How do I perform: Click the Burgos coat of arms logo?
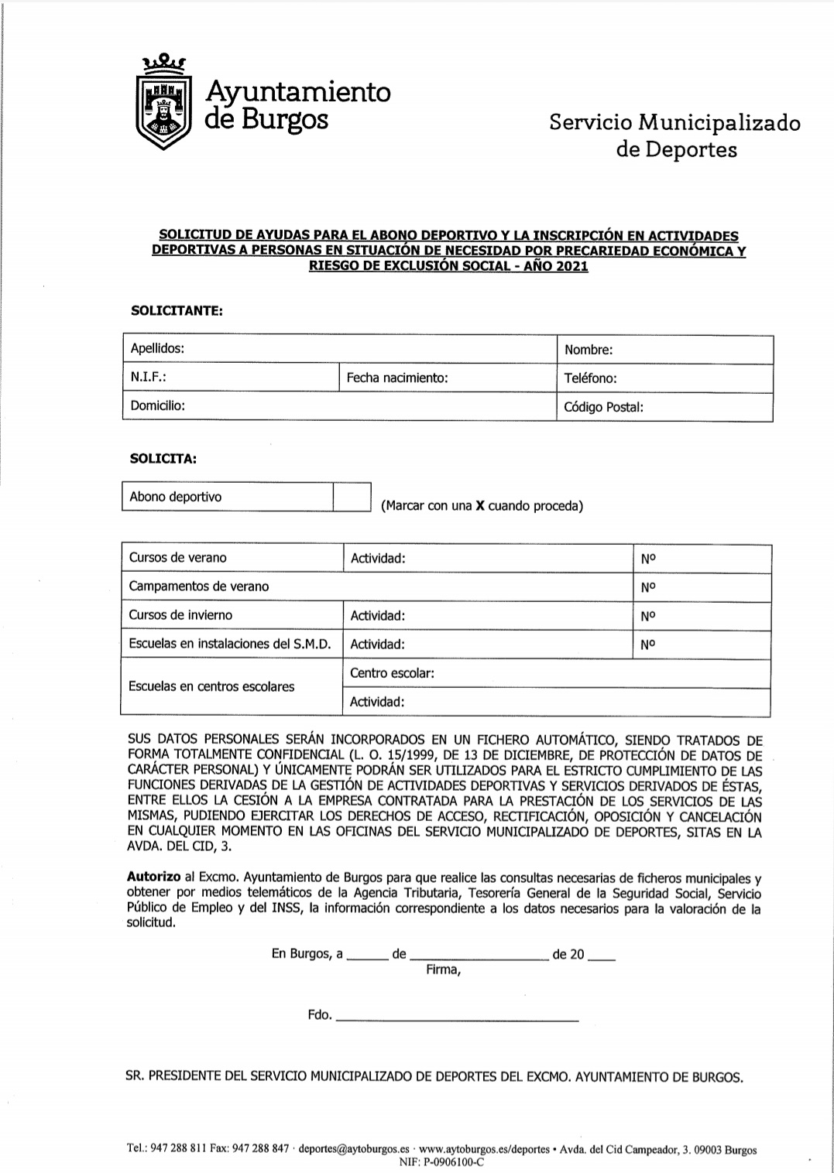click(x=163, y=103)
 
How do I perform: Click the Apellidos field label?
click(x=157, y=348)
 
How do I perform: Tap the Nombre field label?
click(x=589, y=350)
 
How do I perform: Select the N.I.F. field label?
click(x=149, y=378)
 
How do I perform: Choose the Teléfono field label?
click(x=590, y=378)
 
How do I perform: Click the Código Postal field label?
click(x=604, y=407)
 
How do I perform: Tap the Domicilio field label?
click(x=157, y=405)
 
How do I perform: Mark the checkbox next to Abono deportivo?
click(x=352, y=497)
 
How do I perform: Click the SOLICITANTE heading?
click(x=177, y=311)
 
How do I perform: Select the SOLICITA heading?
click(x=163, y=459)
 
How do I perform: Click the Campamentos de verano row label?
click(x=199, y=586)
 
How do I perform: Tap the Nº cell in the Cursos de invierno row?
click(x=648, y=616)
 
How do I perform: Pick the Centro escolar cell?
click(x=392, y=673)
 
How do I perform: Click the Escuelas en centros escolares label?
click(x=211, y=686)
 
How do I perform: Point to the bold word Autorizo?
click(x=154, y=877)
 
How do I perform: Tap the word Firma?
click(x=443, y=970)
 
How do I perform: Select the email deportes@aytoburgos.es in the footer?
click(x=354, y=1150)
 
